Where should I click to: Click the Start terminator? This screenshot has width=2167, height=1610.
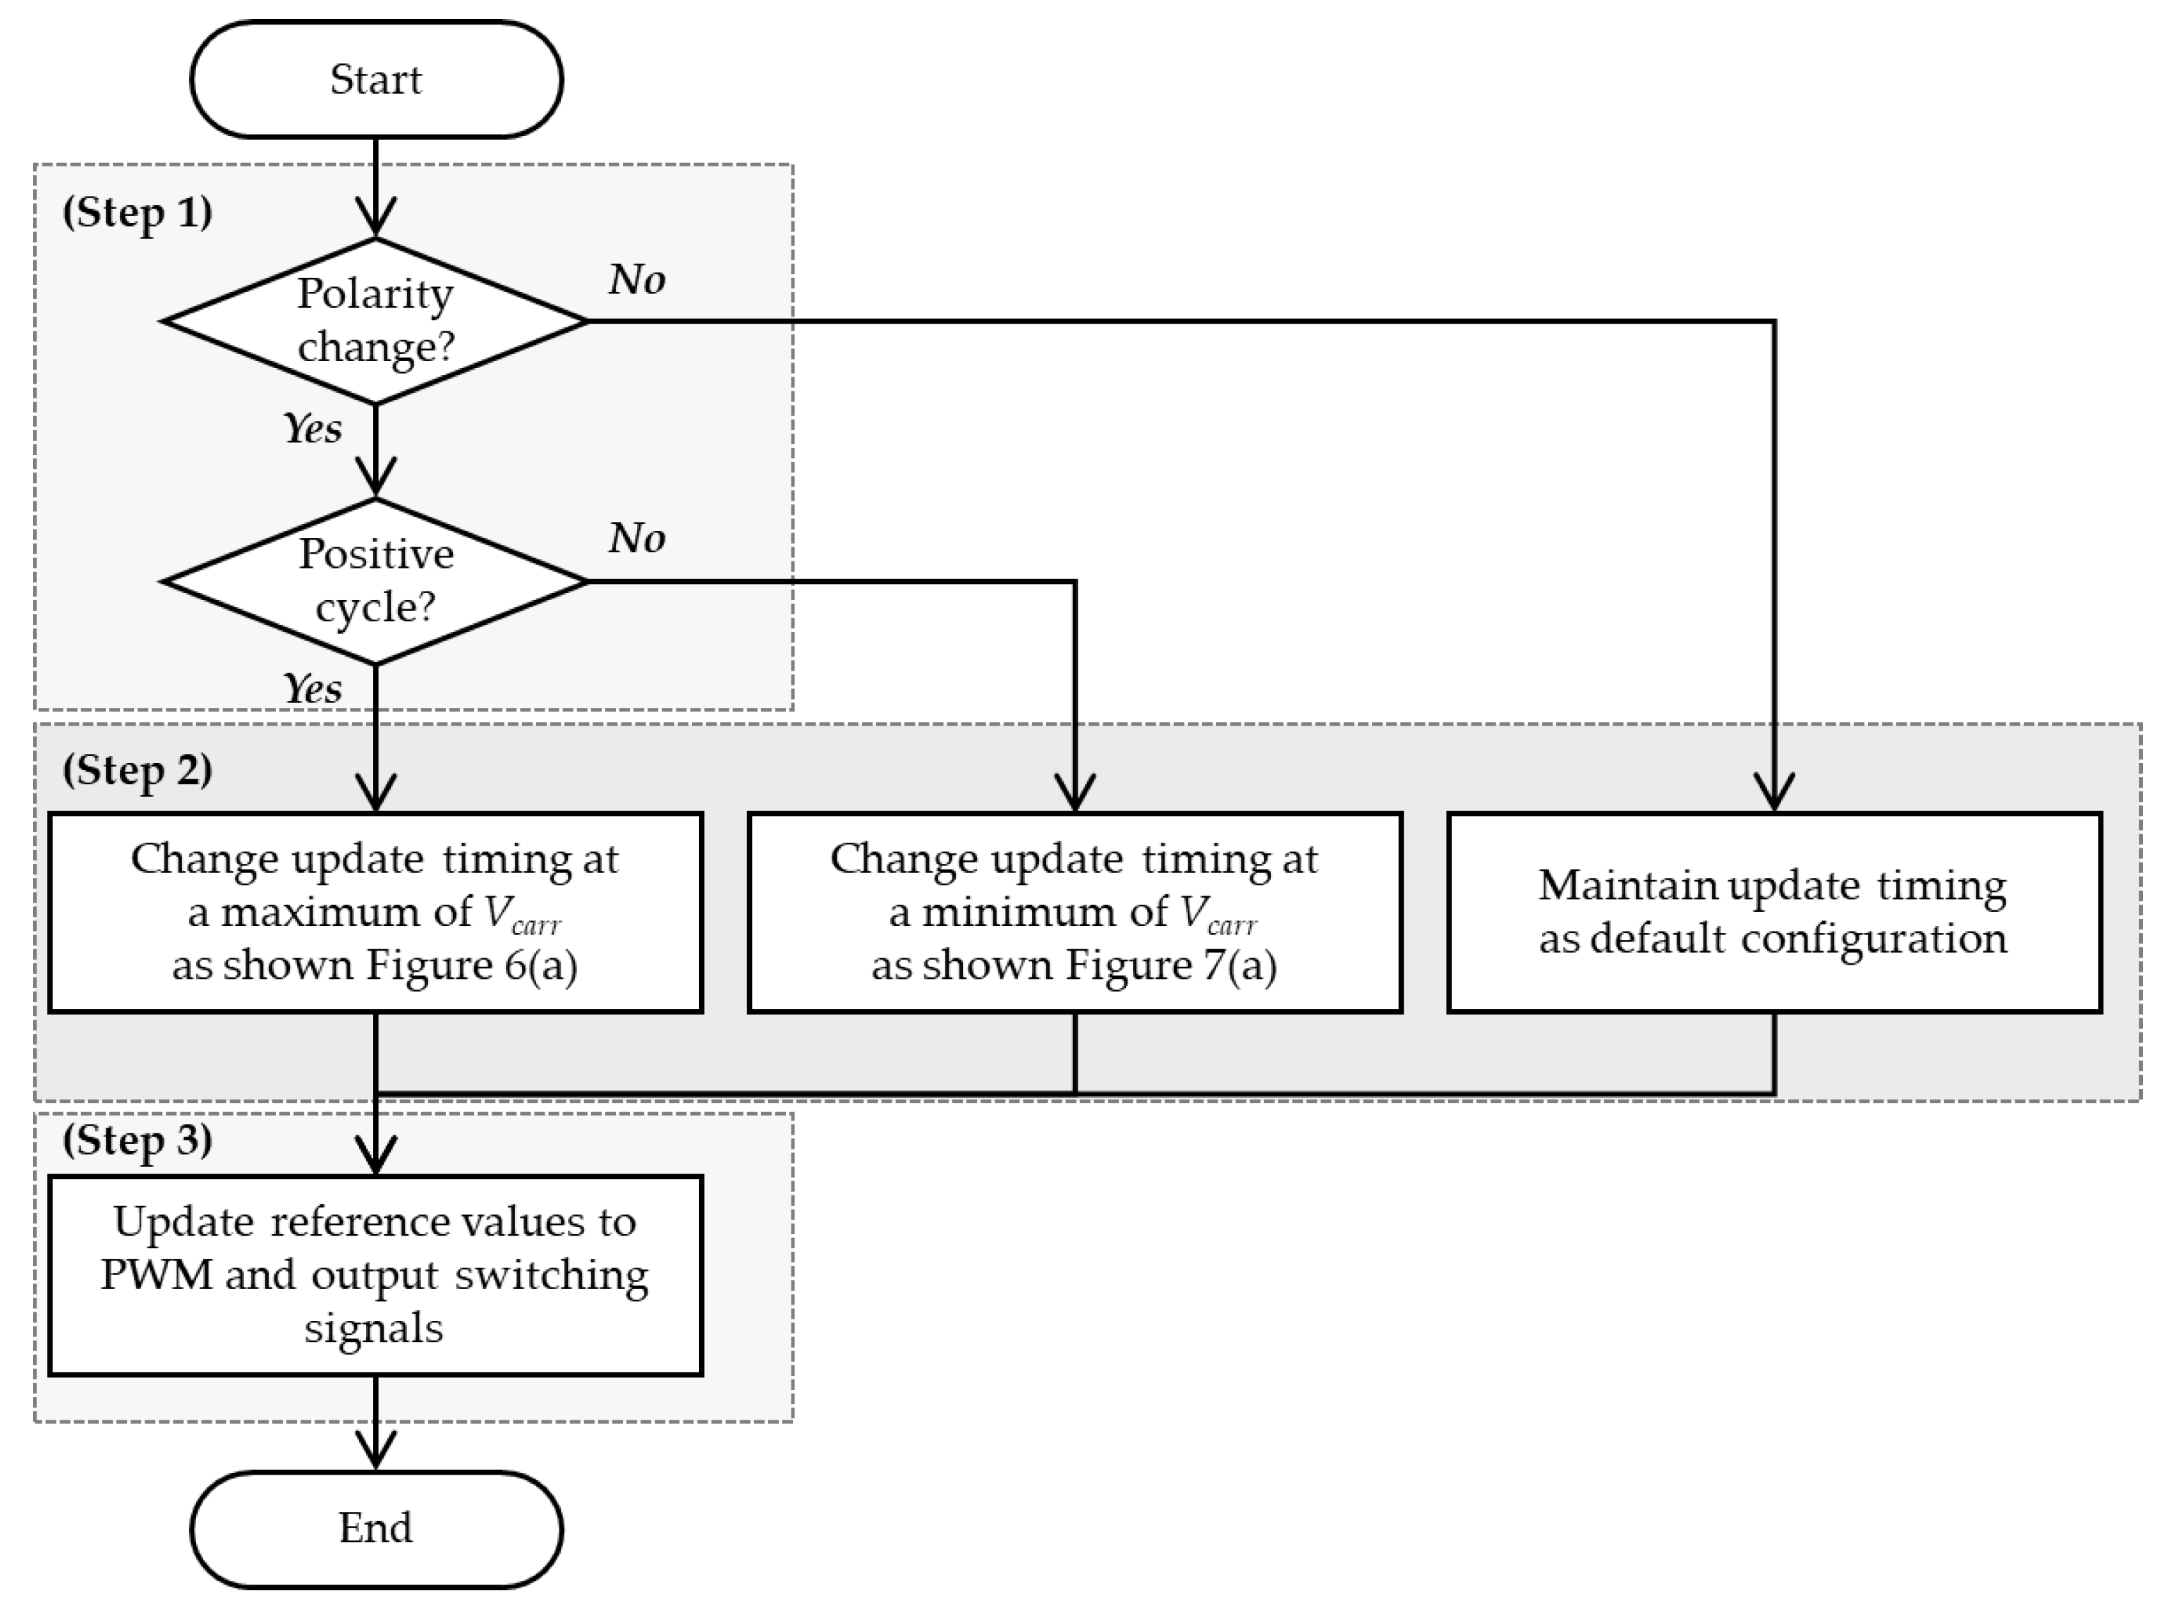point(375,80)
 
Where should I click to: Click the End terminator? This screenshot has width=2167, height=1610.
point(375,1528)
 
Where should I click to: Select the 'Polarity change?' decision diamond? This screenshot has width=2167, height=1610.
point(375,321)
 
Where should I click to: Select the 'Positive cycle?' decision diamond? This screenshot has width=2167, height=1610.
point(375,581)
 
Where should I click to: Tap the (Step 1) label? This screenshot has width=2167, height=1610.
point(138,212)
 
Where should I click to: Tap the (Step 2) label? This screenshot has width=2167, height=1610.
point(138,770)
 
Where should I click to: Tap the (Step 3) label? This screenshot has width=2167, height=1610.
point(138,1140)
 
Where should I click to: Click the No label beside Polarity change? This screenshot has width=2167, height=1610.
point(636,280)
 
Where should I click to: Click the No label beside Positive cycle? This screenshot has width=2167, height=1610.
point(636,538)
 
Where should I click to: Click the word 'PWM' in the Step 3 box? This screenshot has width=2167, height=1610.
point(156,1275)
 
